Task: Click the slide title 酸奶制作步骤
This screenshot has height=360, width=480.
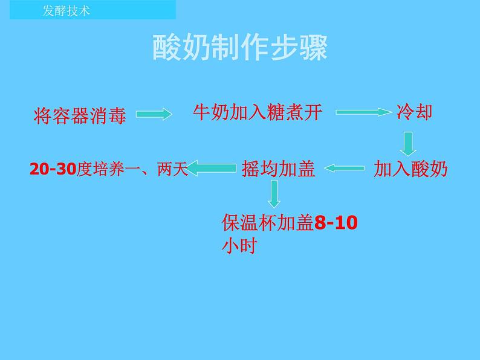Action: tap(239, 48)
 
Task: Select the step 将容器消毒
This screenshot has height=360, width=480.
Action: tap(80, 115)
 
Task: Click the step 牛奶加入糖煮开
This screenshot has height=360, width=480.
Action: tap(258, 112)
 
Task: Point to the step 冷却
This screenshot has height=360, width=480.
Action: tap(414, 112)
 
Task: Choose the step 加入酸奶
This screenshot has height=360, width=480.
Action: tap(410, 169)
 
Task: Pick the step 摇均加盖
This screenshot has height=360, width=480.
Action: tap(278, 169)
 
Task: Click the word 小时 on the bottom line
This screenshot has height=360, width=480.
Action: tap(239, 246)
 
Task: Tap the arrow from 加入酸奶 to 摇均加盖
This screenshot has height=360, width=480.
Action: tap(345, 169)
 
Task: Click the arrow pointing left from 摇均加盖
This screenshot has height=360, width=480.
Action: tap(213, 168)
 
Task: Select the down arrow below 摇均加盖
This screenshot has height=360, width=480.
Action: tap(275, 194)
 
